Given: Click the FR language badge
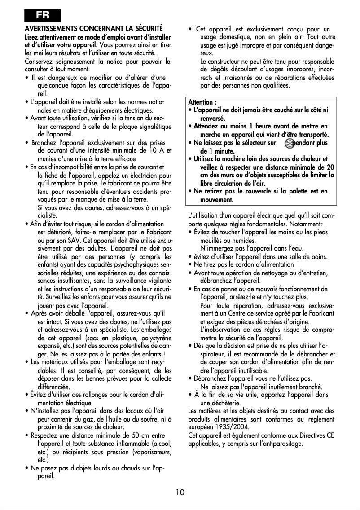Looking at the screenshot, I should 43,15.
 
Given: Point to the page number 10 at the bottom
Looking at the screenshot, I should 180,492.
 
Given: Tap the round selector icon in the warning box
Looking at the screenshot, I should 290,143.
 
